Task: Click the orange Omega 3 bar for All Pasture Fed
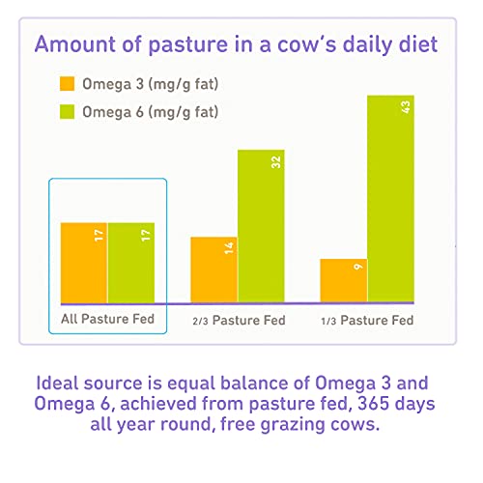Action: tap(84, 263)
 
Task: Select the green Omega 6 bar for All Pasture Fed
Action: tap(131, 263)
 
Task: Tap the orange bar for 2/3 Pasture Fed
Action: tap(213, 270)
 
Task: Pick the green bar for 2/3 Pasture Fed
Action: tap(261, 226)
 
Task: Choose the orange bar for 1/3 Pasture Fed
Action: tap(344, 281)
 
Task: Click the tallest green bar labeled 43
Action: tap(391, 199)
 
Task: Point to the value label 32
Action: tap(276, 162)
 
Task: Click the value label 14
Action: tap(229, 248)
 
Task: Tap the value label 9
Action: tap(358, 267)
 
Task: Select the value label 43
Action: tap(406, 107)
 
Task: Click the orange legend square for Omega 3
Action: tap(68, 84)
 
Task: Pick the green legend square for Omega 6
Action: tap(68, 112)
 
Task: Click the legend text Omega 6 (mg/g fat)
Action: tap(151, 112)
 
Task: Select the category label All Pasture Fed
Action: tap(108, 319)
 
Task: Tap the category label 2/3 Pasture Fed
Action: tap(239, 321)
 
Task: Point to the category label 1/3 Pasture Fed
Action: tap(367, 321)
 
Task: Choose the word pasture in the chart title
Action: tap(188, 45)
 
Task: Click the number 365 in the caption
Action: tap(374, 403)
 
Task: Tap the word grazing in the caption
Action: tap(293, 425)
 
